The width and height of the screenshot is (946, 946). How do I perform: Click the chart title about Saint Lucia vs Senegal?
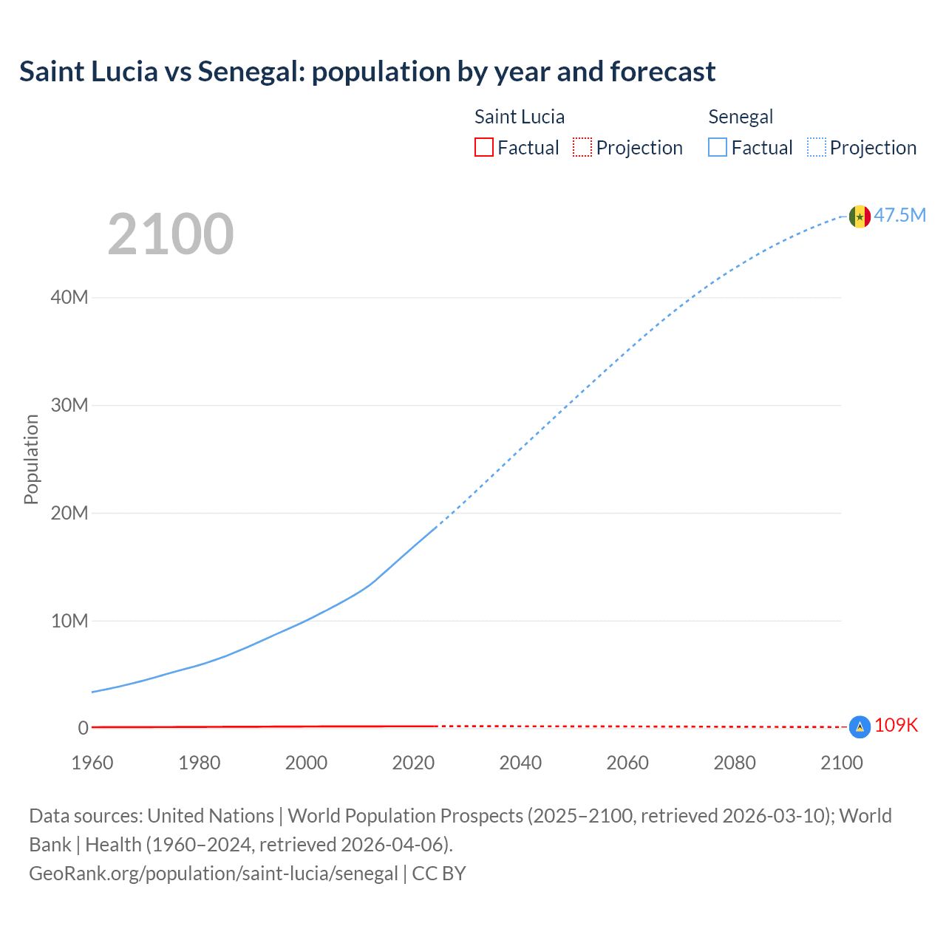[x=367, y=72]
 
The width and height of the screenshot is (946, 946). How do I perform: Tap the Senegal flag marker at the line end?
[x=860, y=217]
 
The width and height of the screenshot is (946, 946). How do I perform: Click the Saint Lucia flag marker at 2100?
[x=860, y=727]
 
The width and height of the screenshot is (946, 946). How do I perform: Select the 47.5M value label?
[x=900, y=215]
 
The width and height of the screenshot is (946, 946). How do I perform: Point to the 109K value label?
[x=896, y=726]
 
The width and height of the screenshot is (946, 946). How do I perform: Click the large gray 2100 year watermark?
[x=171, y=234]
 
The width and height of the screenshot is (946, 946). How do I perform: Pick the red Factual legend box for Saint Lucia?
[x=484, y=148]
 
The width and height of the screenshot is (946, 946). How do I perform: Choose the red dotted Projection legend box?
[x=582, y=148]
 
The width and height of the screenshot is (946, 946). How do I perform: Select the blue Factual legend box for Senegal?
[x=718, y=148]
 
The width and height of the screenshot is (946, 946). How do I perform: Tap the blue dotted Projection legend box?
[x=817, y=148]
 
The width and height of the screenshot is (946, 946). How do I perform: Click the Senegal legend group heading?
[x=741, y=117]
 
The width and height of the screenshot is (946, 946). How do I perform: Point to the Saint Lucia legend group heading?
[x=520, y=117]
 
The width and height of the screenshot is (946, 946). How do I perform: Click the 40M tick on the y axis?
[x=69, y=298]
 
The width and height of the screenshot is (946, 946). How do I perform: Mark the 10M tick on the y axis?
[x=69, y=621]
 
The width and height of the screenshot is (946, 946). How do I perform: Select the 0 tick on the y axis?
[x=83, y=728]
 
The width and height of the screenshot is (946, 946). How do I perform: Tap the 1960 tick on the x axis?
[x=92, y=763]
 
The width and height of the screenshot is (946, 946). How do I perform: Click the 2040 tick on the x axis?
[x=520, y=763]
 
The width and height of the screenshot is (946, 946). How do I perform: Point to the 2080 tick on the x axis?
[x=735, y=763]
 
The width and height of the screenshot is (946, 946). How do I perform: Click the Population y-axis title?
[x=31, y=459]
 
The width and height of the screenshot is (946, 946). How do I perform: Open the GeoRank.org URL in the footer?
[x=214, y=874]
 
